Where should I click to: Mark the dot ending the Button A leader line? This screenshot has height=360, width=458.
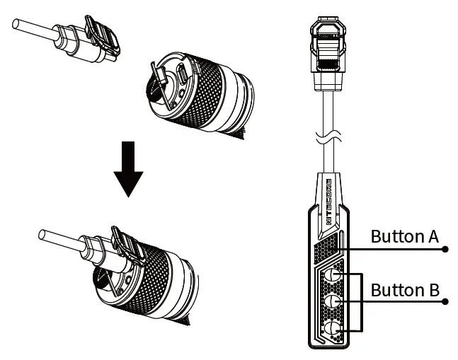446,249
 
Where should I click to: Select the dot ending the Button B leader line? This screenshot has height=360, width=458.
446,301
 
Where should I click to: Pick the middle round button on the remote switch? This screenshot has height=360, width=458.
333,301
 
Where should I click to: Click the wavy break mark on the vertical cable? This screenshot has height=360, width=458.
328,139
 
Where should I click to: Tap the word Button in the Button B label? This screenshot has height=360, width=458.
395,289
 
